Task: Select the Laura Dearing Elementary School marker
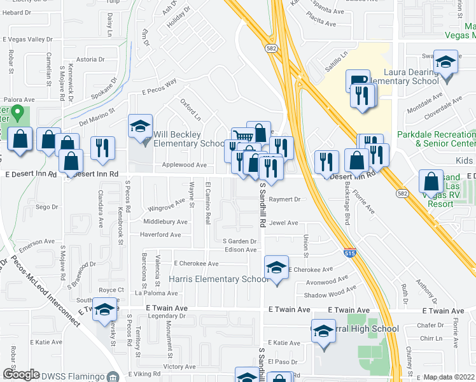(447, 64)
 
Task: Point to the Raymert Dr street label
(284, 199)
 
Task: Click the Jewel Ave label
(283, 223)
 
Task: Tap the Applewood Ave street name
(167, 165)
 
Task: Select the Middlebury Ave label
(165, 222)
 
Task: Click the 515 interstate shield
(349, 253)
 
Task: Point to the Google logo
(21, 374)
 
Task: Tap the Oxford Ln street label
(190, 109)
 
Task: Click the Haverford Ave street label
(160, 234)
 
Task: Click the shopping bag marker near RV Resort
(431, 182)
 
